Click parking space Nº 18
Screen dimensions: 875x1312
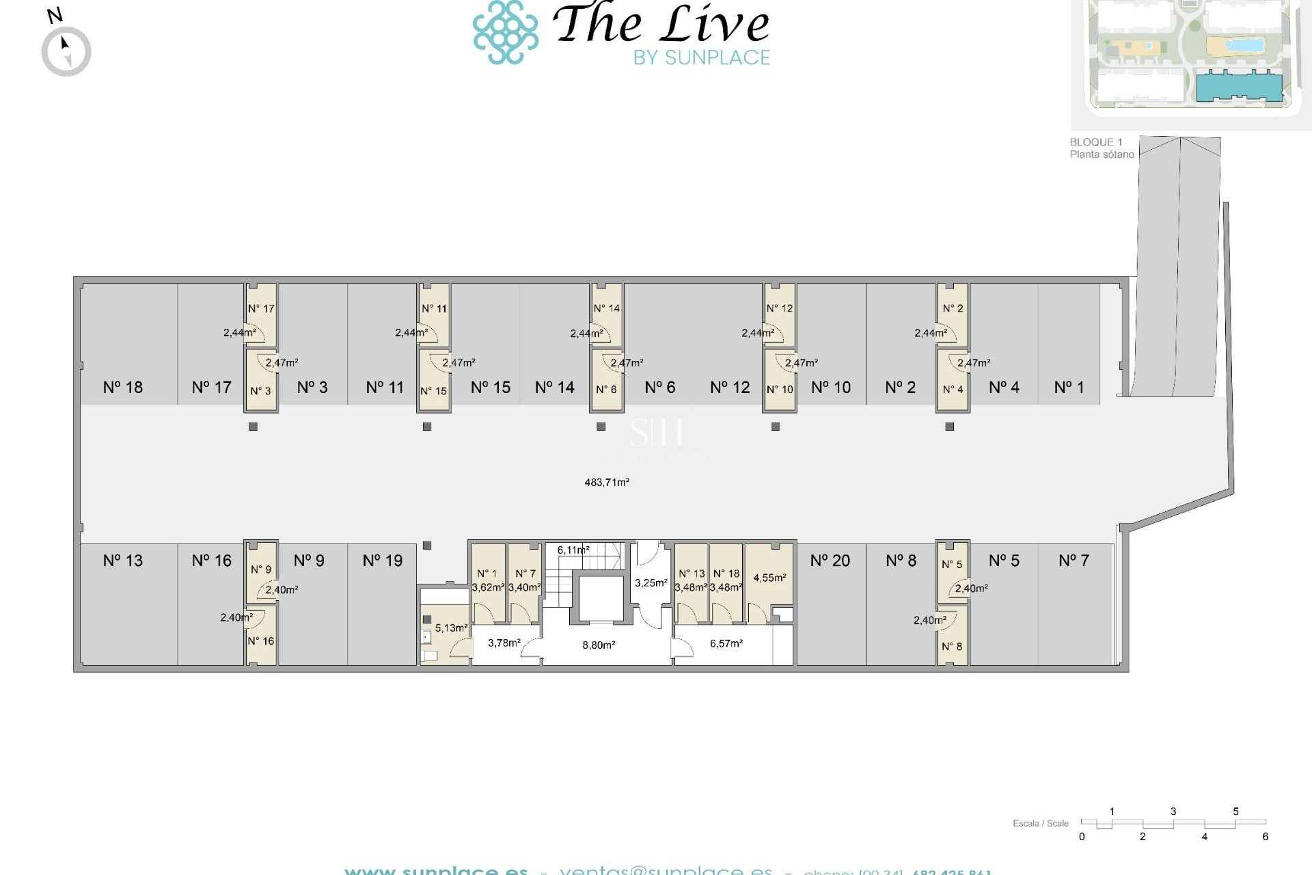(x=123, y=387)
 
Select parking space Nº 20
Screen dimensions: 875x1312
(x=830, y=561)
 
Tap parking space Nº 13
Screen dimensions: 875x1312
(x=123, y=561)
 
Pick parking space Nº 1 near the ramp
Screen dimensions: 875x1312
(x=1069, y=387)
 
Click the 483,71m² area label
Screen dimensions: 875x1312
(x=606, y=482)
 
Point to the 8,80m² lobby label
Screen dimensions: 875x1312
(x=599, y=645)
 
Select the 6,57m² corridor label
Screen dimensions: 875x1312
(x=726, y=643)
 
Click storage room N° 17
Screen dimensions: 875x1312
(x=261, y=309)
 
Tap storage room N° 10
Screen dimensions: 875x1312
(x=780, y=390)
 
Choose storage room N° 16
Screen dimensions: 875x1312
(x=261, y=641)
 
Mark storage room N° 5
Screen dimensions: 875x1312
(x=952, y=565)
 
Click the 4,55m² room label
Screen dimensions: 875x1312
(x=769, y=578)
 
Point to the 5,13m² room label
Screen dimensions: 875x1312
(x=451, y=628)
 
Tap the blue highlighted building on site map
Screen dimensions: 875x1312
(x=1238, y=86)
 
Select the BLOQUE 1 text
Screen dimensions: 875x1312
(x=1095, y=142)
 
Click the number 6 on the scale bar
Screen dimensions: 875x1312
(x=1265, y=837)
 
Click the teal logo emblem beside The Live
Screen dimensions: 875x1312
(x=506, y=32)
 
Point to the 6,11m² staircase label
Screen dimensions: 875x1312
(x=573, y=550)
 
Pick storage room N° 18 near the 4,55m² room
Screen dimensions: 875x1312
(x=726, y=574)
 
